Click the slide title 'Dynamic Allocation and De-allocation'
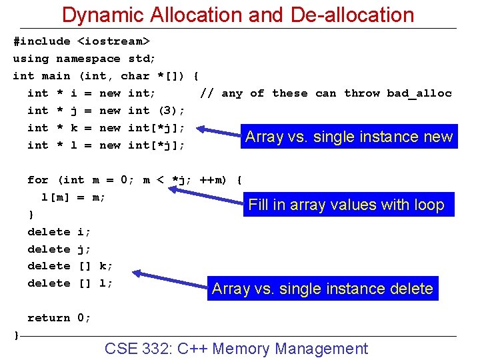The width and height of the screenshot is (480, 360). (x=238, y=15)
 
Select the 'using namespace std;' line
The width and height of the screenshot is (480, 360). (x=85, y=59)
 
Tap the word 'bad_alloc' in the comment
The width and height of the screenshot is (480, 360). (x=419, y=93)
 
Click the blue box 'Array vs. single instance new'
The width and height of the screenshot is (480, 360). (x=349, y=137)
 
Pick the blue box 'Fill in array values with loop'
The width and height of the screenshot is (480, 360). (x=346, y=205)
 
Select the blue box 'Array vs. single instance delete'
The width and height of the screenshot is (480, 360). (x=323, y=289)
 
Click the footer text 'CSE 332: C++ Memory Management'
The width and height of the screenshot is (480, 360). (x=236, y=348)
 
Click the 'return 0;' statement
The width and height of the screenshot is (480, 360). (x=59, y=318)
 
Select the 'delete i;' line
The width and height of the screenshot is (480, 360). (x=59, y=232)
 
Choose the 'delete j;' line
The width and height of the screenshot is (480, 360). (x=59, y=249)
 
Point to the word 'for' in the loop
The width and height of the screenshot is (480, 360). (x=38, y=180)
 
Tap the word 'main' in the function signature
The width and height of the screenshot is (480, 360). (x=55, y=76)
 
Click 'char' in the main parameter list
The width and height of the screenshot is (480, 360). (x=135, y=76)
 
